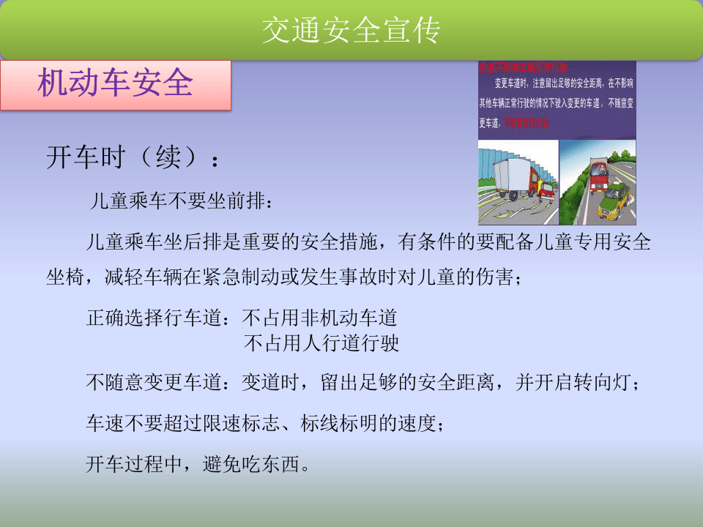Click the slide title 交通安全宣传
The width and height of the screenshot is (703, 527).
pos(351,31)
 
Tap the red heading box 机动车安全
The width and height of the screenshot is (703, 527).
pos(115,84)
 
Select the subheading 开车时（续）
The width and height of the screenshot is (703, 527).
pos(132,157)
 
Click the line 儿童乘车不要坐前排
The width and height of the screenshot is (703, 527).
pos(182,201)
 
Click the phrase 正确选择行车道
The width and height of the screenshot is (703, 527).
pos(157,318)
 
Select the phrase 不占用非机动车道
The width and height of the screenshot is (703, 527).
pos(320,318)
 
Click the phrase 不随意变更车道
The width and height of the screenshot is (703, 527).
pos(157,383)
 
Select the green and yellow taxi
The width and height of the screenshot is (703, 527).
pos(614,201)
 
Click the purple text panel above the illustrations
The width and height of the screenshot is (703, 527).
pos(557,100)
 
